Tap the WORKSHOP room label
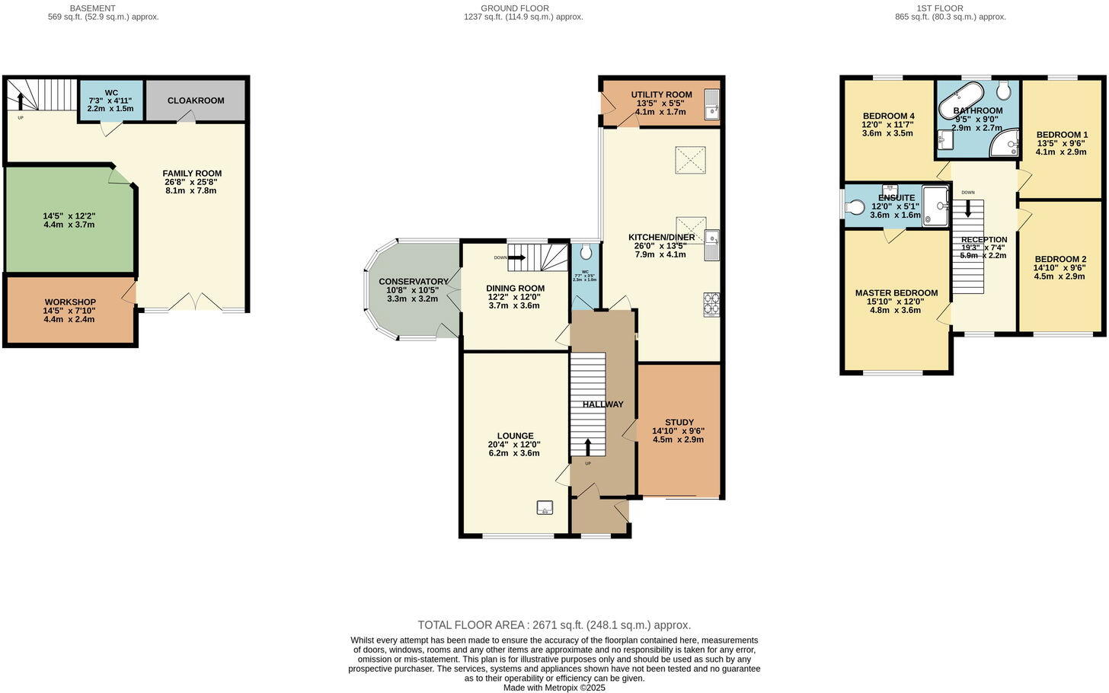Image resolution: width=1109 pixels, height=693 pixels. (x=70, y=302)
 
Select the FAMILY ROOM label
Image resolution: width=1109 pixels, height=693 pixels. (x=192, y=174)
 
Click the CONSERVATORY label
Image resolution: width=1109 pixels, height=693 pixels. (x=414, y=282)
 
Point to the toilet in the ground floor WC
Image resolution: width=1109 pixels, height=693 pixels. (x=585, y=252)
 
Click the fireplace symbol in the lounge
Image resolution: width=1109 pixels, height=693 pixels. (x=545, y=506)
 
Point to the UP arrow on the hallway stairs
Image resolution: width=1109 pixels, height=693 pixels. (x=587, y=446)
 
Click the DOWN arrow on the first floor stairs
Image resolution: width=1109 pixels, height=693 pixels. (x=968, y=207)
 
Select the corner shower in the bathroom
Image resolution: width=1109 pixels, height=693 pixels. (x=1004, y=142)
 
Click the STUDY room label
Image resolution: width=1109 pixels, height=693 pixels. (x=679, y=423)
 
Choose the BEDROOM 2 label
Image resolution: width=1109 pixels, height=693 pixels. (x=1060, y=259)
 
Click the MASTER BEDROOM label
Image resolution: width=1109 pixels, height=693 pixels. (x=896, y=293)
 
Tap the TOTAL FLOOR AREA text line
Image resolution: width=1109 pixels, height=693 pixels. (x=554, y=624)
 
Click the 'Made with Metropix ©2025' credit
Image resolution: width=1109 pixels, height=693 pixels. (x=554, y=687)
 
